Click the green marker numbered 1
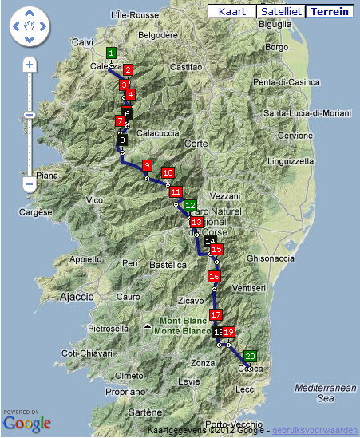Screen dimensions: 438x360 (111, 53)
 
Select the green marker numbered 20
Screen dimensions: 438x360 (251, 357)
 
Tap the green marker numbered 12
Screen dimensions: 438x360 (190, 205)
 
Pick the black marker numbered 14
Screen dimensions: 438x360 (210, 240)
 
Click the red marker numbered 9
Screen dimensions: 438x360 (147, 165)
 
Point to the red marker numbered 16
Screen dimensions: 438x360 (214, 276)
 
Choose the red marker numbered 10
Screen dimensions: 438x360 (168, 172)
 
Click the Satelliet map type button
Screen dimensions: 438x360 (281, 12)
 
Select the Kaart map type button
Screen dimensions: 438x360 (231, 12)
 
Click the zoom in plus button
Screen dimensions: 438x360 (30, 64)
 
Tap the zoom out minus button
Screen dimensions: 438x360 (30, 184)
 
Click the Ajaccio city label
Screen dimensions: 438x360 (77, 297)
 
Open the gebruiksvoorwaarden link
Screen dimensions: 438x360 (315, 429)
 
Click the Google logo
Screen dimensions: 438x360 (27, 423)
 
